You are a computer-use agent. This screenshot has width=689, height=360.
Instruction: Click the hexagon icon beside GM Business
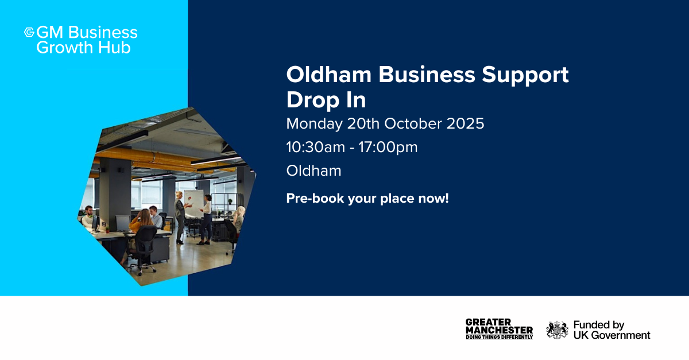point(29,32)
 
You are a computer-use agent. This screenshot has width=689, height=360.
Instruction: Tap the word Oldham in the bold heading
point(329,75)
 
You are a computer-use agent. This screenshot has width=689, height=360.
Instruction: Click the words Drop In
point(326,100)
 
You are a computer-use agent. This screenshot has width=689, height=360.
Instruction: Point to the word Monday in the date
point(314,124)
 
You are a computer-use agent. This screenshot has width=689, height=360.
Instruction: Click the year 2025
point(465,123)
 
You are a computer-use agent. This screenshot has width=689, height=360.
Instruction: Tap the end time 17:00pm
point(388,148)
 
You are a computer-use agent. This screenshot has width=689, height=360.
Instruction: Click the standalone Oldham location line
point(313,171)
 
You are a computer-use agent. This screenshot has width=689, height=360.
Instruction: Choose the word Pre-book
point(315,199)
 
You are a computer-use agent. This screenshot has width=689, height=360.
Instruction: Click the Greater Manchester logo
point(499,329)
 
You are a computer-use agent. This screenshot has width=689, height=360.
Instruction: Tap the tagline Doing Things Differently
point(499,337)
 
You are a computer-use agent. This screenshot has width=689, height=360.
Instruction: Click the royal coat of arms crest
point(557,330)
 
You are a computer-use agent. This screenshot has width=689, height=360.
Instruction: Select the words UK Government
point(612,335)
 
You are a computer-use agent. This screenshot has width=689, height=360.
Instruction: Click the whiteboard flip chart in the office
point(194,203)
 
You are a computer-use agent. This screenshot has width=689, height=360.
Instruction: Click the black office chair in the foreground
point(142,249)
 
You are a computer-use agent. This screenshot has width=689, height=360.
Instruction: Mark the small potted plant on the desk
point(107,229)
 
